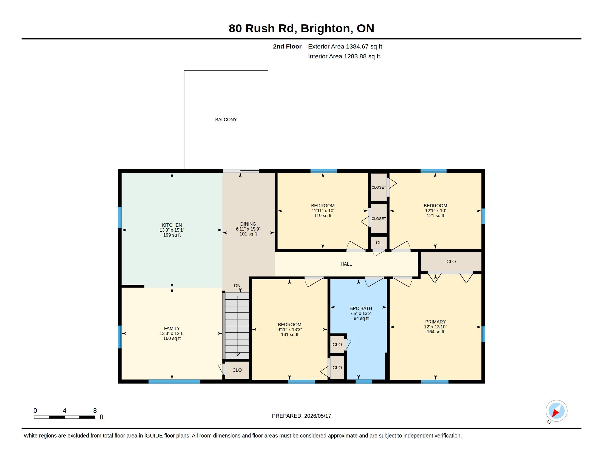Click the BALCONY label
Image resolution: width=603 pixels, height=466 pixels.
(226, 120)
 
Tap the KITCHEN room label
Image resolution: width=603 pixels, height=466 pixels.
(172, 225)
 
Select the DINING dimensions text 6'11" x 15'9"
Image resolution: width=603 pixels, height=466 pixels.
(248, 229)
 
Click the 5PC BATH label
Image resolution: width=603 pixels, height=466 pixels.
(361, 308)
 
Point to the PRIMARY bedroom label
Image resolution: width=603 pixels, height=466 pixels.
(435, 322)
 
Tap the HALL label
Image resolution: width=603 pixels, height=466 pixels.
(346, 264)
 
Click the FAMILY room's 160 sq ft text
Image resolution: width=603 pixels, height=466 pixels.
(172, 338)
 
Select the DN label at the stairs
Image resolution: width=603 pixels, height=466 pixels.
(237, 286)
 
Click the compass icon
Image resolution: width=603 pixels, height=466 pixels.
(556, 411)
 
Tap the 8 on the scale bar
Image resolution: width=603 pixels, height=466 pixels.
(95, 411)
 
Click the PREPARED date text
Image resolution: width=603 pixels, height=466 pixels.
(301, 416)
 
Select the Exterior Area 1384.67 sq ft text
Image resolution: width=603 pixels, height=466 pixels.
(345, 46)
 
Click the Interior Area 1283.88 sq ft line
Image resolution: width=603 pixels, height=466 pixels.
(344, 56)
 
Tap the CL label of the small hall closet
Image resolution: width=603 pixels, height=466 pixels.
(379, 243)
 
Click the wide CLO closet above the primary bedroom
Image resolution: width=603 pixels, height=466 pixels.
(451, 262)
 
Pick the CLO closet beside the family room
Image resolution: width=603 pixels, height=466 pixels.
(237, 370)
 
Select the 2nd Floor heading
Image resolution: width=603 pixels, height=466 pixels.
(287, 46)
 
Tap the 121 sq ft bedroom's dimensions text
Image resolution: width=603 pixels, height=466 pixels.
(435, 210)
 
